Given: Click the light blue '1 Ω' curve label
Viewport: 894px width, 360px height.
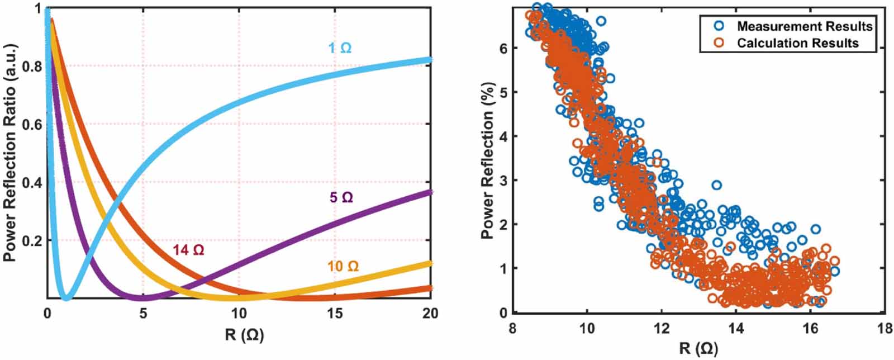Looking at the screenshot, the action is tap(340, 48).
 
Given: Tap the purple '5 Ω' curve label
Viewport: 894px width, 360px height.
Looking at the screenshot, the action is tap(341, 197).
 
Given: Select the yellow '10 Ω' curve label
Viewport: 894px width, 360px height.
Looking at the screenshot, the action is tap(343, 266).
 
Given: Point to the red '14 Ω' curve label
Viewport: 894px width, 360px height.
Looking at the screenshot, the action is tap(188, 250).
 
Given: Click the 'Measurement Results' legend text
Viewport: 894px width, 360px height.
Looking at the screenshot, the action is tap(805, 26).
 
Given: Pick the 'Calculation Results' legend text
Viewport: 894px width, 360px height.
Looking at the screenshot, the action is tap(797, 43).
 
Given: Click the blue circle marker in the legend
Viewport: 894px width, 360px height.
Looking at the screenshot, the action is tap(719, 26).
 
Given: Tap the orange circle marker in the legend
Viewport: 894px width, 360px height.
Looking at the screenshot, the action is tap(719, 42).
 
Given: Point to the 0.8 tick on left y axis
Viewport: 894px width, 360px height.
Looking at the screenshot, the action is tap(33, 67).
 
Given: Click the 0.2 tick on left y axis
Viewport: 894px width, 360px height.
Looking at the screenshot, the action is tap(33, 241).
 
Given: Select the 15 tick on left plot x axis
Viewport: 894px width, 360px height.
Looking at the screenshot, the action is tap(335, 314).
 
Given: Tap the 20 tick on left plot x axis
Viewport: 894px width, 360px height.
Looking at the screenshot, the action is tap(430, 314).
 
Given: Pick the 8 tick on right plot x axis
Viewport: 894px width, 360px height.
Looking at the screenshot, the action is tap(513, 329).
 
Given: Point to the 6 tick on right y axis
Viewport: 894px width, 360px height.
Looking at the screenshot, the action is tap(503, 48).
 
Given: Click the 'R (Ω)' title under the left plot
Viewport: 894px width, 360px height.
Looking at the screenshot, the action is tap(244, 335).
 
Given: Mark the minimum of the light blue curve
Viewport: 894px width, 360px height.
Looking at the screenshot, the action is tap(66, 297).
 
